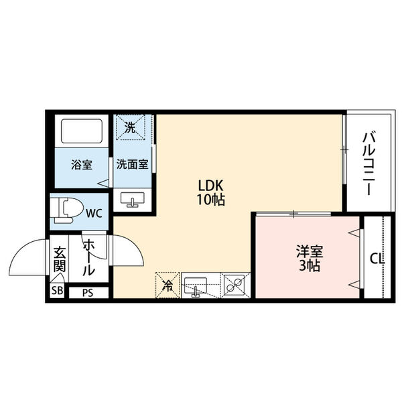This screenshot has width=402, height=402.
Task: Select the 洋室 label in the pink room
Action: tap(310, 252)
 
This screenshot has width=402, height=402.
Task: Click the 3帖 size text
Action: tap(310, 266)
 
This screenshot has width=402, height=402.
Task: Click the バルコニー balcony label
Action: tap(368, 163)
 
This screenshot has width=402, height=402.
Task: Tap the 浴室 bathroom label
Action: tap(81, 164)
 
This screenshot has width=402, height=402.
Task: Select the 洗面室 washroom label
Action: tap(132, 164)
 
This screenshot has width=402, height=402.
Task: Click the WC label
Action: tap(93, 214)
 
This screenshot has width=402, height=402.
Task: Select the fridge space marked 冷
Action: tap(167, 284)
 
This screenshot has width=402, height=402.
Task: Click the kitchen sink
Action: tap(197, 285)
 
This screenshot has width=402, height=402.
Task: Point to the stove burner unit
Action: tap(234, 285)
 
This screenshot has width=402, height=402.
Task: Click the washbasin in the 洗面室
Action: tap(132, 198)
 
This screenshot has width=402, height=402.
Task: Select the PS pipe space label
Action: tap(88, 292)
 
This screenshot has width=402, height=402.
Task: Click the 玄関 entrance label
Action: tap(59, 261)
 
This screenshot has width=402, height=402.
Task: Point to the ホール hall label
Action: tap(88, 258)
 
